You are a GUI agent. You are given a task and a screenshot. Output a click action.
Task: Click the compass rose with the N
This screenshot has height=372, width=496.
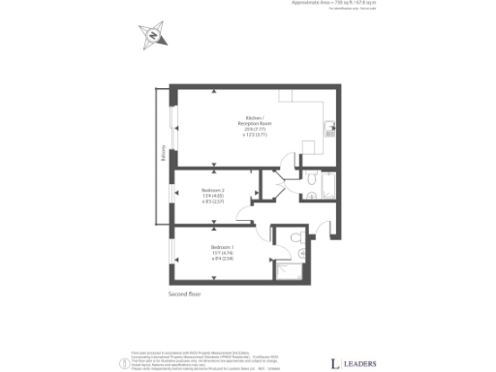(x=152, y=39)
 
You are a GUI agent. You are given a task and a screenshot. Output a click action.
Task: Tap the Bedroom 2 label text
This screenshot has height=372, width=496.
(x=213, y=194)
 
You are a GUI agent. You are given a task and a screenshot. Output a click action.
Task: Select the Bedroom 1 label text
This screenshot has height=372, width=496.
(x=222, y=254)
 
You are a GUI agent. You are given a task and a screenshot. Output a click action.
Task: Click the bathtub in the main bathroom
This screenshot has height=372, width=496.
(x=325, y=184)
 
